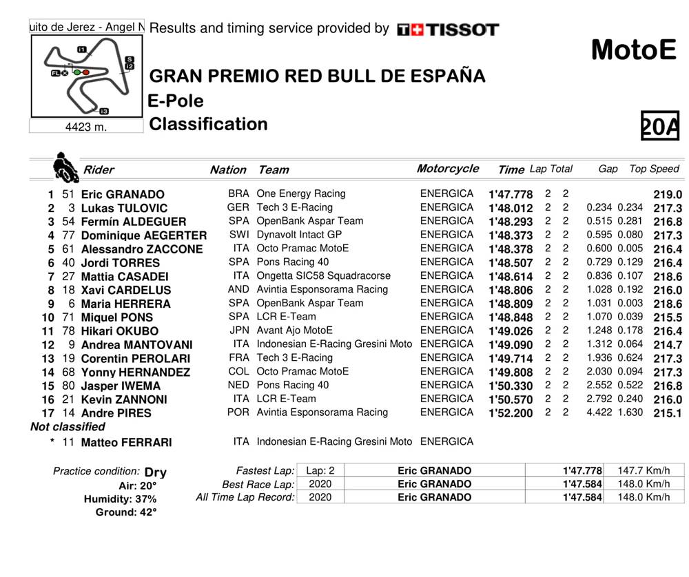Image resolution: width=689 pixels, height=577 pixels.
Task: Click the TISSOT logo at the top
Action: pos(448,30)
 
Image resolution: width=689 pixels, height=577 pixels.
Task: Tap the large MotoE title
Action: pos(633,50)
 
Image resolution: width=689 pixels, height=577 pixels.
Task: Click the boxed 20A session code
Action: pos(659,126)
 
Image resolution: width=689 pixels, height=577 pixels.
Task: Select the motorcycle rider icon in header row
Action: pos(65,166)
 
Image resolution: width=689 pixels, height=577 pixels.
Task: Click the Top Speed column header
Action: pos(654,169)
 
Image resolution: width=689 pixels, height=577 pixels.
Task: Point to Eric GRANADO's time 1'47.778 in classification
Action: pos(510,195)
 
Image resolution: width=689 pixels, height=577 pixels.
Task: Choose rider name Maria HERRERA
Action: pos(127,304)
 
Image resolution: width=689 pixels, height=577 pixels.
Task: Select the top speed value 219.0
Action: pos(667,195)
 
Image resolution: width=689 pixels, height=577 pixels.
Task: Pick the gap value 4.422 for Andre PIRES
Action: pos(599,412)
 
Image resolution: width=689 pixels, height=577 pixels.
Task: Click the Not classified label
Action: pos(68,427)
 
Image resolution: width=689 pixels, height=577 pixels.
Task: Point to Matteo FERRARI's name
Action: pos(126,443)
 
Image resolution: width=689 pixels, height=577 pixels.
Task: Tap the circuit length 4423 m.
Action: pos(86,127)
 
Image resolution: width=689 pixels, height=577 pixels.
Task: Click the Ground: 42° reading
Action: pos(126,512)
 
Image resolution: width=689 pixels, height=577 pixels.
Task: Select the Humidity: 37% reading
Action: pos(120,499)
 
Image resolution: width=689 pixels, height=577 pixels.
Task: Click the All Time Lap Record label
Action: pos(245,497)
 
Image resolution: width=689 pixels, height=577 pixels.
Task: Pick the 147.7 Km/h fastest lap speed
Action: pos(644,470)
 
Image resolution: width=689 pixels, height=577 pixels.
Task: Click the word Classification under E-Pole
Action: pos(208,125)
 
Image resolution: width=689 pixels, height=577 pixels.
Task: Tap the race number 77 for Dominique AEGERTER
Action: pos(68,235)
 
